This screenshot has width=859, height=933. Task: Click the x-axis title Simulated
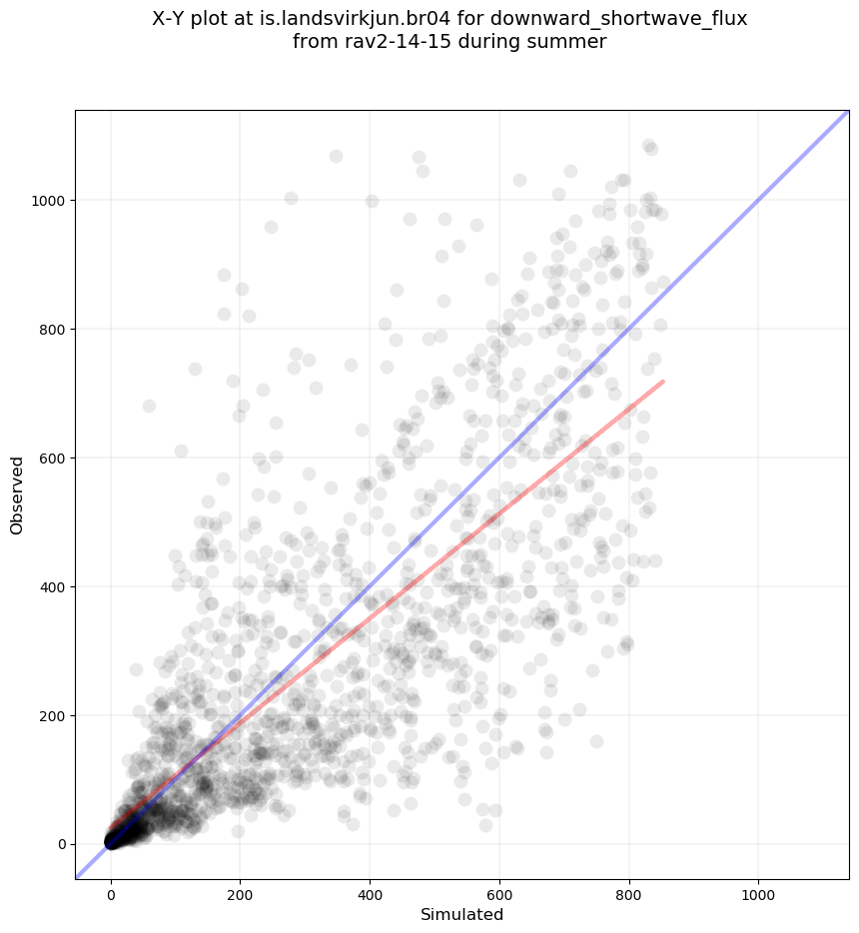pyautogui.click(x=461, y=915)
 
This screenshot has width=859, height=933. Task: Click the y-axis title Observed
pyautogui.click(x=17, y=495)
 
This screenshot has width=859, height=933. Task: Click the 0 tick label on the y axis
pyautogui.click(x=61, y=844)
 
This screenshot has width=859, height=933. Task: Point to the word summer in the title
pyautogui.click(x=573, y=42)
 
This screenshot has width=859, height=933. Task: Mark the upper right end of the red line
pyautogui.click(x=663, y=381)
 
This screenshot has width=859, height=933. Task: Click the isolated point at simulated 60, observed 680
pyautogui.click(x=150, y=406)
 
